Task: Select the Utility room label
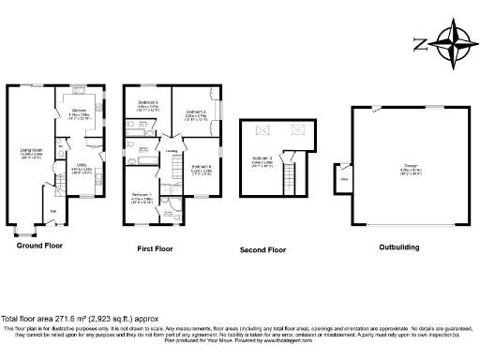coord(82,165)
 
